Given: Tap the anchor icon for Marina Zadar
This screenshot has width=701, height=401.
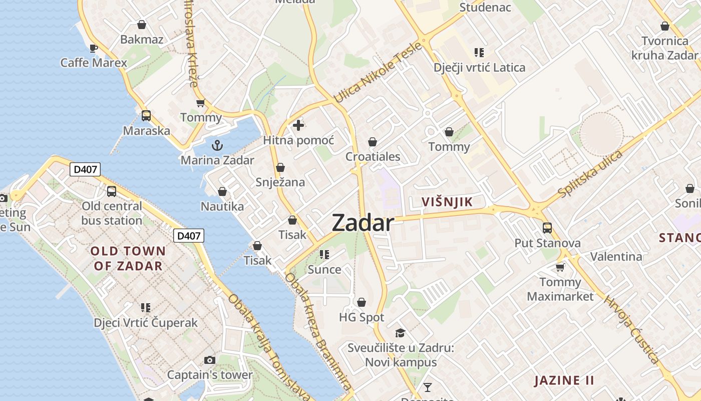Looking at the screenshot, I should tap(217, 146).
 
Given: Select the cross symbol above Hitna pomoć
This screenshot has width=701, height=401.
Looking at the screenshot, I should tap(298, 125).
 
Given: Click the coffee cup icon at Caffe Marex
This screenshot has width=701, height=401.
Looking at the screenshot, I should tap(93, 48).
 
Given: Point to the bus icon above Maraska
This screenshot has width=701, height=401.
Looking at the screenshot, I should tap(146, 116).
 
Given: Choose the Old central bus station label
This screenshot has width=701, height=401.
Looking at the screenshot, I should tap(112, 213).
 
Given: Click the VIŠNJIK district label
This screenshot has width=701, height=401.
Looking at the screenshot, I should tap(447, 202).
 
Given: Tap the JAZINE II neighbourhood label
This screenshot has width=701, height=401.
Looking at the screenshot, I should tap(564, 380).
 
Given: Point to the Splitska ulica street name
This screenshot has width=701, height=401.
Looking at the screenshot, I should tap(591, 173).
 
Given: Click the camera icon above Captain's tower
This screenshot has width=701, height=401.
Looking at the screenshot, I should tap(210, 360).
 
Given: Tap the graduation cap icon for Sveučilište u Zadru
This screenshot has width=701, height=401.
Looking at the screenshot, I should tap(400, 333).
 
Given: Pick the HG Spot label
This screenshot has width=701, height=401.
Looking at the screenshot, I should tap(362, 317).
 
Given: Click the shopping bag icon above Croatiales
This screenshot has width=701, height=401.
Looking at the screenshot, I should tap(373, 142).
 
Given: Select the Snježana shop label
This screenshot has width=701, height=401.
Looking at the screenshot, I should tap(280, 182).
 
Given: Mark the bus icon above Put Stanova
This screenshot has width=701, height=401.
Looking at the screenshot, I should tap(547, 228).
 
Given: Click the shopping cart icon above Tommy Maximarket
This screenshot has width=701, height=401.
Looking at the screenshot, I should tap(560, 267).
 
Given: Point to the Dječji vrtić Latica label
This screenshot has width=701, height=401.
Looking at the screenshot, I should tap(480, 68).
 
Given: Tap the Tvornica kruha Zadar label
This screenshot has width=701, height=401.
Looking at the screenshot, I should tap(664, 48).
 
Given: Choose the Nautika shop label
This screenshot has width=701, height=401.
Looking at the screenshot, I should tap(222, 207).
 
